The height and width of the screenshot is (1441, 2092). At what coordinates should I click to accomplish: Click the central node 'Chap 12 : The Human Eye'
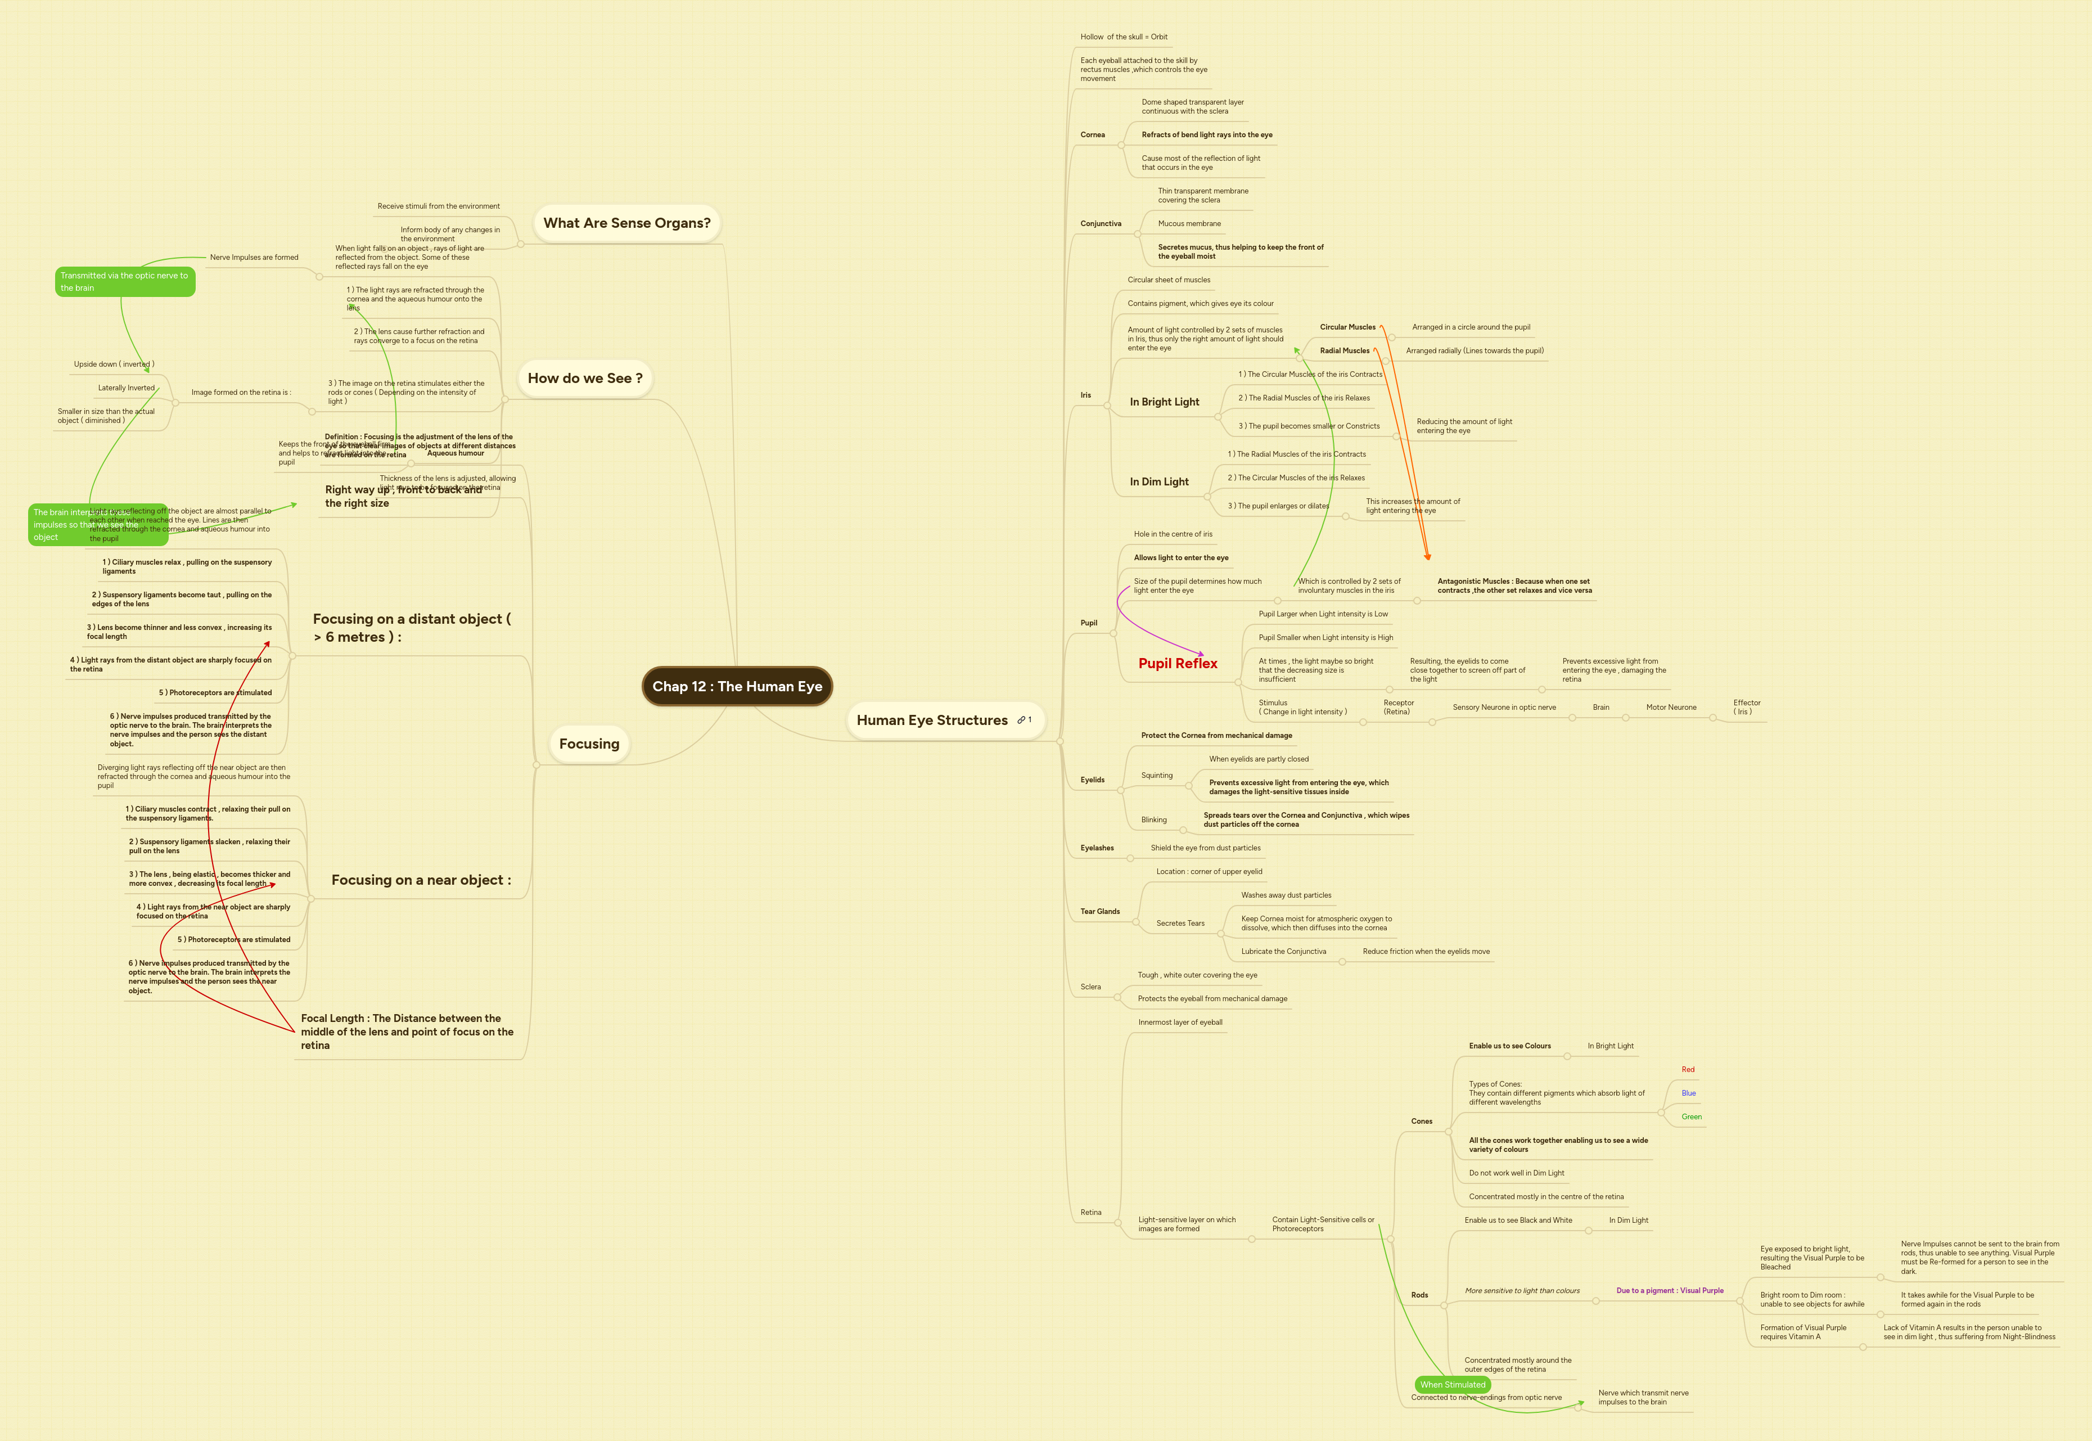coord(737,686)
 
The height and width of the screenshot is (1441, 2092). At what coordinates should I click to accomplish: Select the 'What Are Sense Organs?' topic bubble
coord(626,223)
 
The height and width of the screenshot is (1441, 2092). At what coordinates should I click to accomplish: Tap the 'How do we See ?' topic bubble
coord(585,379)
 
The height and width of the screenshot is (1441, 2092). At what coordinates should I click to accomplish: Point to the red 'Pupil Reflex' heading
coord(1177,664)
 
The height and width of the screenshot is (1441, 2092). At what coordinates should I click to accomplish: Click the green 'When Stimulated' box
coord(1452,1384)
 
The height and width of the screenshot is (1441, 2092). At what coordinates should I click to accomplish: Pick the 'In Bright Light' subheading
coord(1164,402)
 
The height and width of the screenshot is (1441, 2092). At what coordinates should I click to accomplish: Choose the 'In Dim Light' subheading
coord(1159,482)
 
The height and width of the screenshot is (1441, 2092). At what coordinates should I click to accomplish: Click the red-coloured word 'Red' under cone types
coord(1688,1070)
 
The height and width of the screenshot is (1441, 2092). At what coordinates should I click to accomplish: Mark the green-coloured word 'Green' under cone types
coord(1691,1117)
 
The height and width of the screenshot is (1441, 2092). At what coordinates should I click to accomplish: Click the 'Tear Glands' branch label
coord(1099,912)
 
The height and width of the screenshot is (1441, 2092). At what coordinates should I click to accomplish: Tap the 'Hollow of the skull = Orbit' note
coord(1124,37)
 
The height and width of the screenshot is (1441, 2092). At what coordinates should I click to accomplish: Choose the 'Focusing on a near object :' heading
coord(421,880)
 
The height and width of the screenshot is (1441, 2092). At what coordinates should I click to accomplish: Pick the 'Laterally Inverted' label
coord(127,388)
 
